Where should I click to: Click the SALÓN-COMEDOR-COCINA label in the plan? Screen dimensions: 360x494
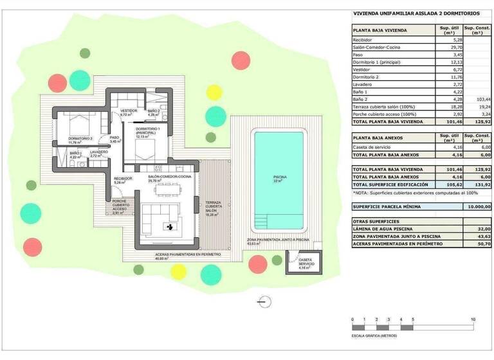[170, 177]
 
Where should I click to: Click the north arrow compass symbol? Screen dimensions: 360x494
[262, 300]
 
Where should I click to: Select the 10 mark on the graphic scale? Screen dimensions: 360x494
[473, 319]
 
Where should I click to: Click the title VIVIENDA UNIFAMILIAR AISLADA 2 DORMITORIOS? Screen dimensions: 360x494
[416, 13]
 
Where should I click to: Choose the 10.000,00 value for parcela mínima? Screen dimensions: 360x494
[475, 206]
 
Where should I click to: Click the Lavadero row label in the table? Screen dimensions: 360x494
[363, 84]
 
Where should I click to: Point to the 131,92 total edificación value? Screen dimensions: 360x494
[480, 184]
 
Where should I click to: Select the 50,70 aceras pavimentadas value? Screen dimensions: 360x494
[480, 243]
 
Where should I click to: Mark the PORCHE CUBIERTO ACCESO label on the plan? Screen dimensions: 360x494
[120, 207]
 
